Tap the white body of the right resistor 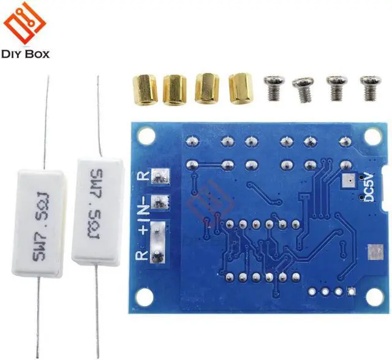point(96,208)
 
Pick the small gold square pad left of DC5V point(347,181)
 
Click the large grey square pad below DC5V point(373,252)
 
